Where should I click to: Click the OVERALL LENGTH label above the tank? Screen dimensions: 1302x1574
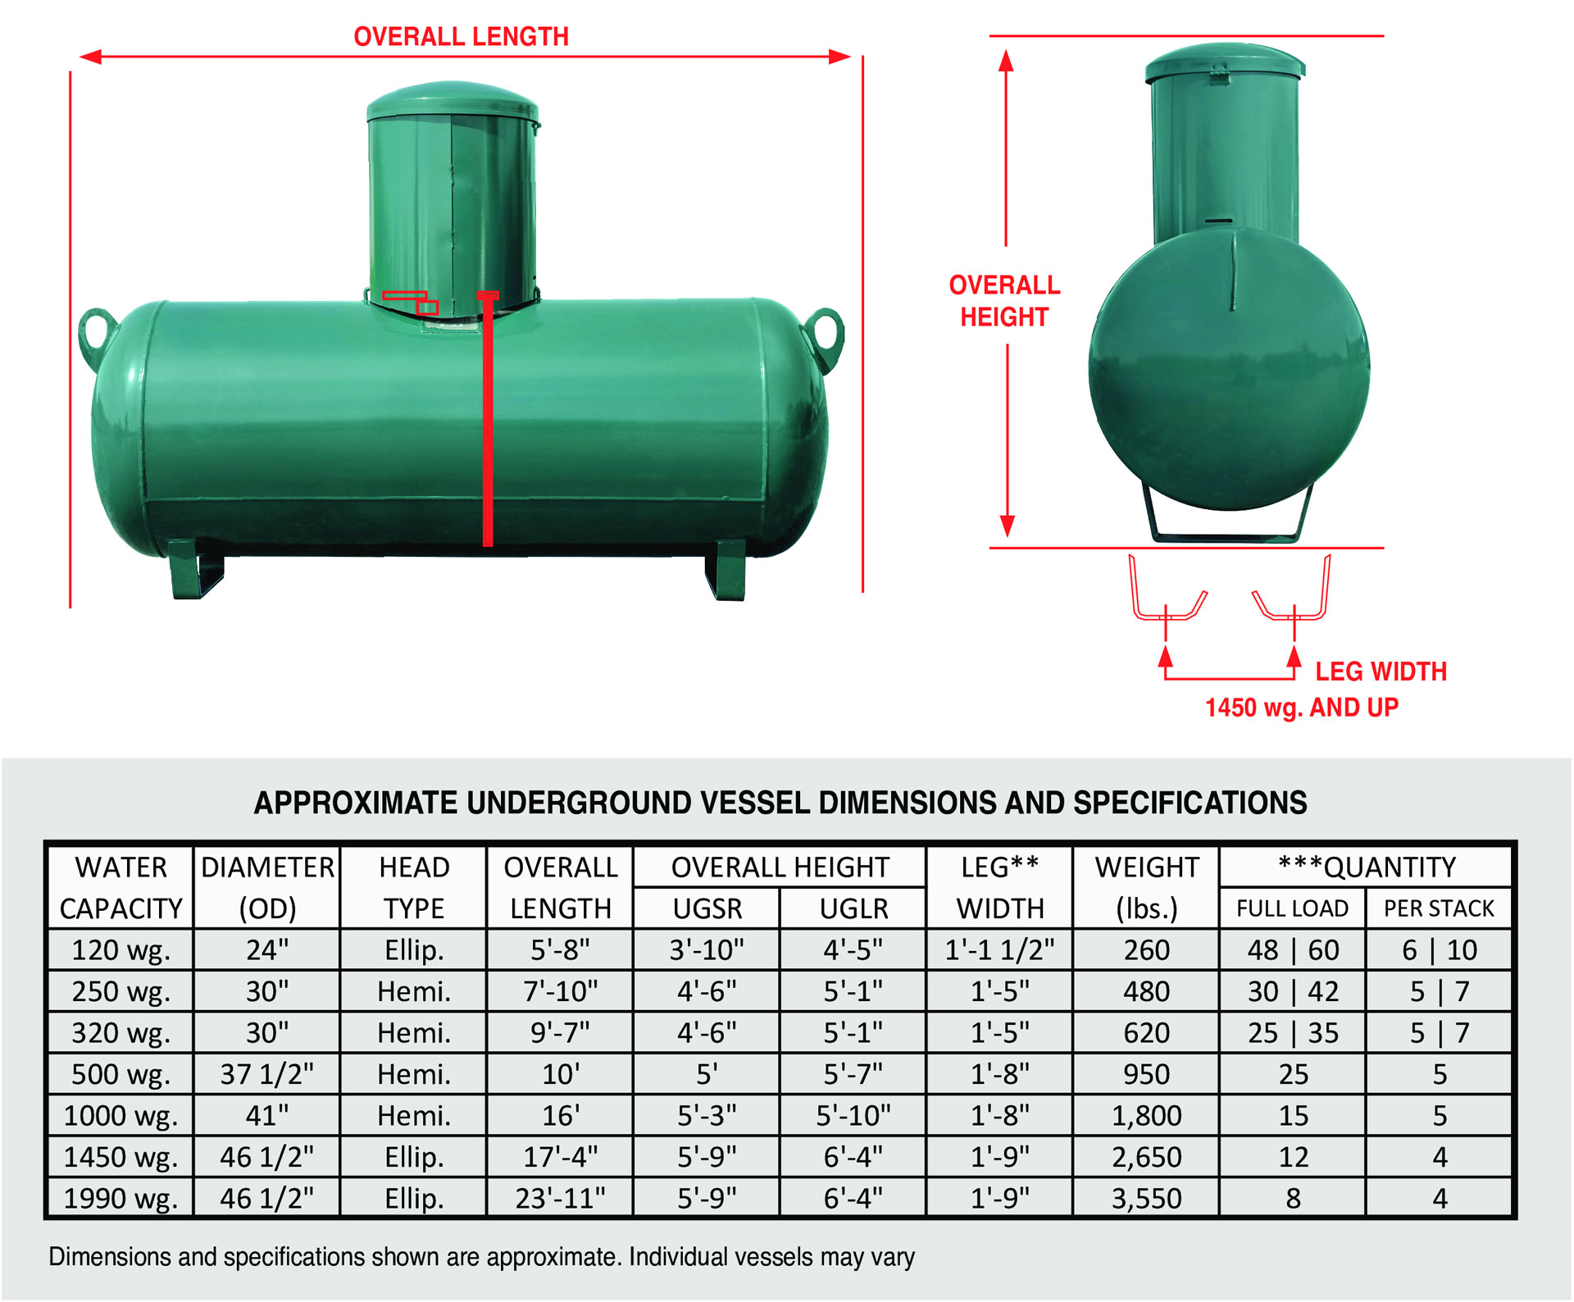[x=461, y=37]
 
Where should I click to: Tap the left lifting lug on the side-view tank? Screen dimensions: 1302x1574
[x=95, y=335]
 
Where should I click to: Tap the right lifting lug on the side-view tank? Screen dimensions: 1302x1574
[x=826, y=335]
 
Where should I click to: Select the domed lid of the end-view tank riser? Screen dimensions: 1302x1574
[x=1224, y=62]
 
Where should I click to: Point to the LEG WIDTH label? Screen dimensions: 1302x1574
[x=1381, y=671]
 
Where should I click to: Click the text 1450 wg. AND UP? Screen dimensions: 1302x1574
[x=1301, y=708]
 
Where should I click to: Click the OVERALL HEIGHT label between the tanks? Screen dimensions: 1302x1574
[x=1004, y=301]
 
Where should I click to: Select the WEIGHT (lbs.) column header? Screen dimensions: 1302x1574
[x=1146, y=887]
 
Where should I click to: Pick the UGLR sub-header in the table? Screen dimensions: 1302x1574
[x=853, y=908]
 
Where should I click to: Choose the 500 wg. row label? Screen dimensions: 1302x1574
[x=121, y=1074]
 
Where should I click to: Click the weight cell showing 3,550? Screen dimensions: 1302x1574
[x=1146, y=1199]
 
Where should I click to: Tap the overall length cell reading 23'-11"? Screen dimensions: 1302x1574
[x=560, y=1199]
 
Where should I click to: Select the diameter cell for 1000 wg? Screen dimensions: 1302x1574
[x=267, y=1116]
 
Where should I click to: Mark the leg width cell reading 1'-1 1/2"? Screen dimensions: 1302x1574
[x=999, y=950]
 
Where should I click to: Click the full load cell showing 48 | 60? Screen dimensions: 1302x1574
[x=1293, y=950]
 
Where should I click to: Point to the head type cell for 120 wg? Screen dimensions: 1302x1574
[x=414, y=950]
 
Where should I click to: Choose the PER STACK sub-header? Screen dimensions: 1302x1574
[x=1439, y=908]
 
